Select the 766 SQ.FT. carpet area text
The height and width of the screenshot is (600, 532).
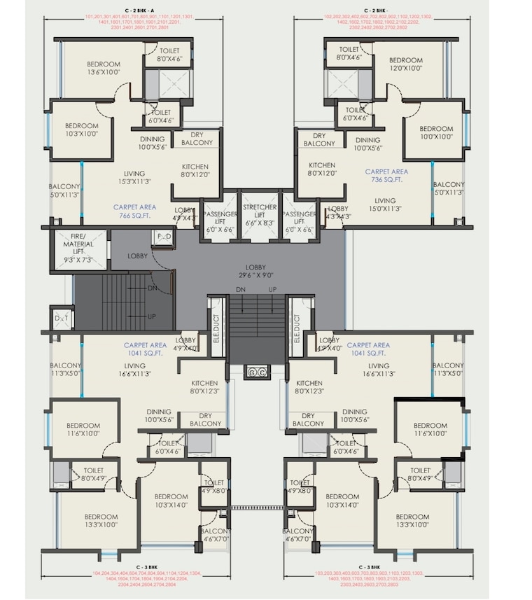pyautogui.click(x=136, y=211)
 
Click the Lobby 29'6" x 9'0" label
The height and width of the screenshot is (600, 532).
pyautogui.click(x=260, y=271)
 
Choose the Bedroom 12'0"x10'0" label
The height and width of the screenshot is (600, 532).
pyautogui.click(x=405, y=64)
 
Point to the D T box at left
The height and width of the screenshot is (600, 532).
pyautogui.click(x=62, y=319)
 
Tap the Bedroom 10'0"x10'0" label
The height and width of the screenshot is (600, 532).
pyautogui.click(x=436, y=132)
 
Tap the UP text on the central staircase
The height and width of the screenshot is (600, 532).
pyautogui.click(x=272, y=289)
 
